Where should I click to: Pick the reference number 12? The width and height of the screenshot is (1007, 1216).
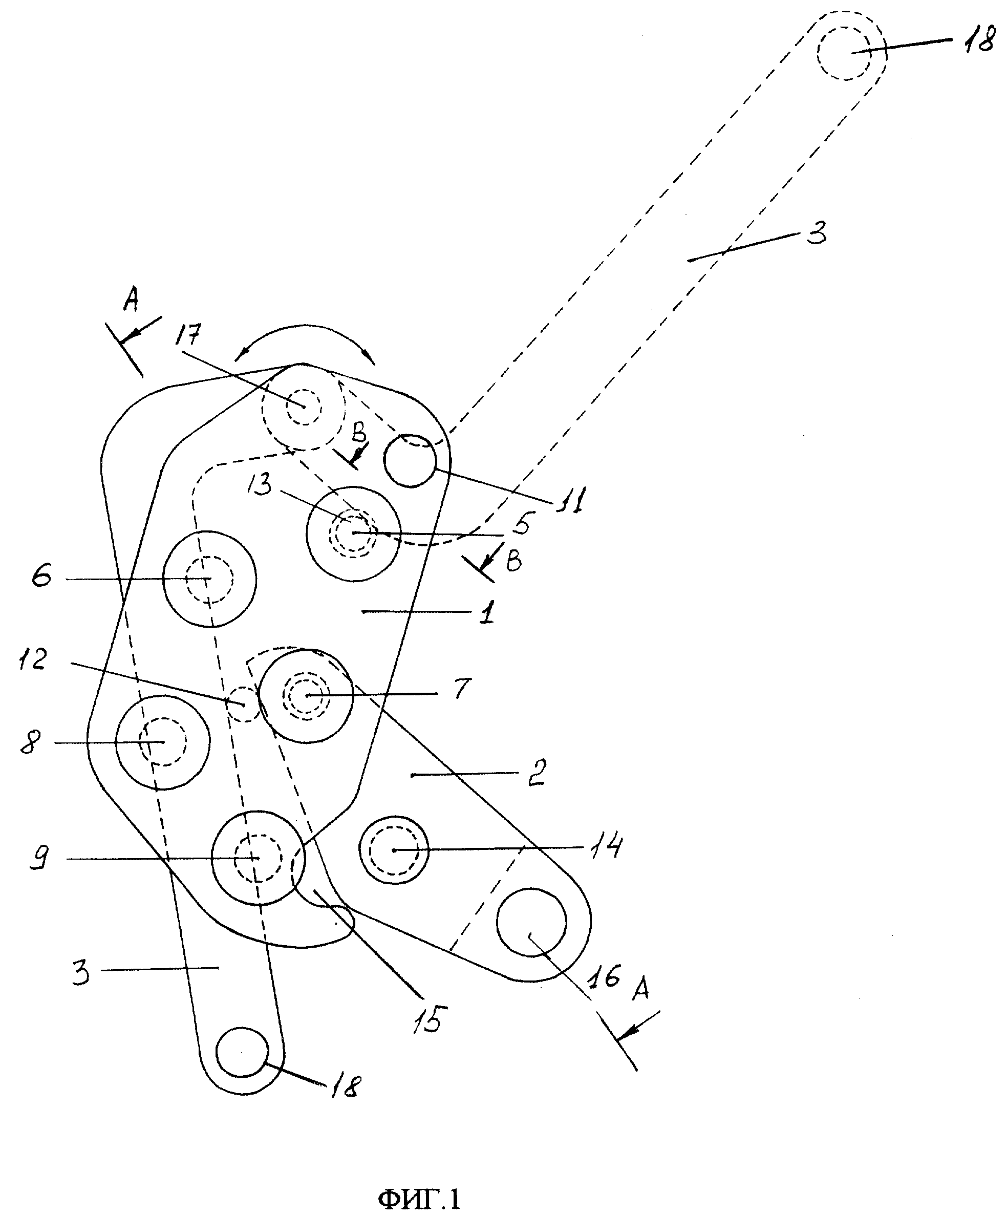click(x=32, y=660)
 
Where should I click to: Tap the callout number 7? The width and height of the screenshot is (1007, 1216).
click(x=460, y=689)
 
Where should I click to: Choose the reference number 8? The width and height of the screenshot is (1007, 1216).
click(x=31, y=742)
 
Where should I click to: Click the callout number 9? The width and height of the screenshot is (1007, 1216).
click(x=38, y=858)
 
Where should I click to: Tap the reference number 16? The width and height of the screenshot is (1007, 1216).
click(x=606, y=977)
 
